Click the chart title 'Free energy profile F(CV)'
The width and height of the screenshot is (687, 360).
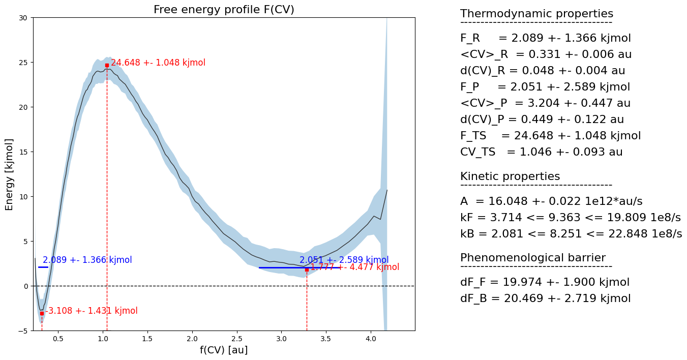click(x=224, y=10)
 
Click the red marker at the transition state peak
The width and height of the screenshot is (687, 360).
click(x=107, y=65)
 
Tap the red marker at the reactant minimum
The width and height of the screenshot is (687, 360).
click(x=42, y=313)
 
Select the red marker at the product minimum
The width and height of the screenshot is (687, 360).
click(x=307, y=269)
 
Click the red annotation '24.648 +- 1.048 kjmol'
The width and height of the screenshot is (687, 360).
click(x=158, y=63)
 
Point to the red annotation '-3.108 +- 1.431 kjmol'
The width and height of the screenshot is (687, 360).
click(x=92, y=311)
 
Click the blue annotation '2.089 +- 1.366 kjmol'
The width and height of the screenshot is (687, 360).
click(x=87, y=260)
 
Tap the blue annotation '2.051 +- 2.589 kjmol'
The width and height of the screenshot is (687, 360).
click(x=344, y=260)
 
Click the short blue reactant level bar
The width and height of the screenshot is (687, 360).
click(x=43, y=267)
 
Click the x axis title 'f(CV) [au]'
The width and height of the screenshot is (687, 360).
click(x=224, y=350)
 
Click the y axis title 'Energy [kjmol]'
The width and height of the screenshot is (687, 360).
click(x=9, y=174)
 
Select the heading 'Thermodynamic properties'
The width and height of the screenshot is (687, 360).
click(x=536, y=14)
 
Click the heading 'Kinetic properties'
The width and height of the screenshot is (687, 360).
click(x=510, y=176)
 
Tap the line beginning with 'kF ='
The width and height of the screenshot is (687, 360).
click(x=570, y=218)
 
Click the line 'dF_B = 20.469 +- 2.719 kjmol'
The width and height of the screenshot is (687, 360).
click(x=545, y=298)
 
